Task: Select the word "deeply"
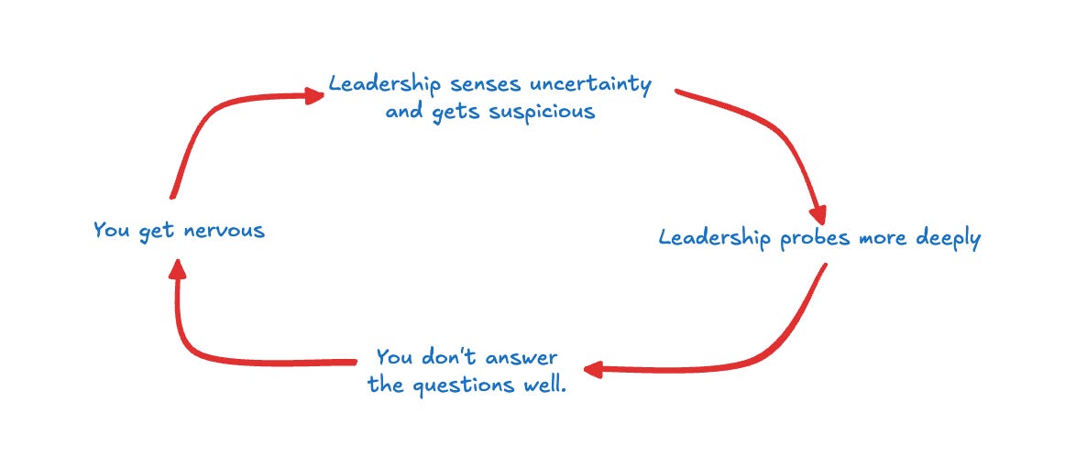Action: [943, 239]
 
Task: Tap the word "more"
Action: [879, 239]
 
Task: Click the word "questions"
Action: [457, 386]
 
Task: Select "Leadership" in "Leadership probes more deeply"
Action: [715, 239]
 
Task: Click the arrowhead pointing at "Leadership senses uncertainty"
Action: [313, 95]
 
